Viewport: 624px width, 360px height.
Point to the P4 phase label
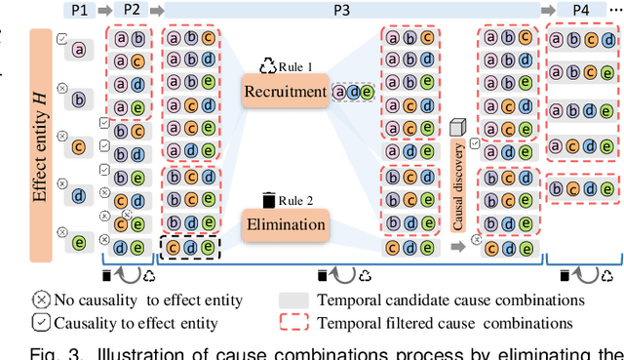tap(582, 11)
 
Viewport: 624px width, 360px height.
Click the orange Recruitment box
tap(286, 93)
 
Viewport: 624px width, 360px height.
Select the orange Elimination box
tap(286, 224)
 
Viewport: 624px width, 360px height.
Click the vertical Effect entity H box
tap(40, 144)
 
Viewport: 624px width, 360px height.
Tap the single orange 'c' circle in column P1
tap(79, 147)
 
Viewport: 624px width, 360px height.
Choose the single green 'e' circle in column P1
tap(79, 240)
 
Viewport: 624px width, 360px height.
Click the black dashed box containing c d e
tap(191, 248)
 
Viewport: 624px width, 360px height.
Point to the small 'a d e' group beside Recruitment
tap(353, 93)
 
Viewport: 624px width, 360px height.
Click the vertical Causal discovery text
tap(458, 184)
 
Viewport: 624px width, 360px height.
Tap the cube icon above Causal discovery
tap(458, 127)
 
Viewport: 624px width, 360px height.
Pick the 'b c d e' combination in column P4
tap(581, 187)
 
